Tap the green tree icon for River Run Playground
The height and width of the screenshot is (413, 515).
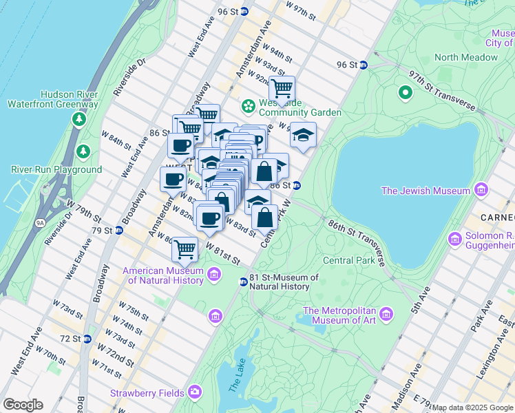pyautogui.click(x=83, y=151)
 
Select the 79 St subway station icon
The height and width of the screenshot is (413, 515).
pyautogui.click(x=118, y=230)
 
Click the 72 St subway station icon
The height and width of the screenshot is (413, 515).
pyautogui.click(x=87, y=339)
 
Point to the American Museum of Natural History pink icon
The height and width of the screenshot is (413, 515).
pyautogui.click(x=213, y=275)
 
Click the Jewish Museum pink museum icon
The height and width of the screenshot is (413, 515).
pyautogui.click(x=481, y=190)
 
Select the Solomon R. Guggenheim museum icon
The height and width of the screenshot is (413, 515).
pyautogui.click(x=454, y=240)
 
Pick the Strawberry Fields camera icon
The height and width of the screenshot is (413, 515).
pyautogui.click(x=195, y=393)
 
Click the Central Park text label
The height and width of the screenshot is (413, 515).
pyautogui.click(x=350, y=260)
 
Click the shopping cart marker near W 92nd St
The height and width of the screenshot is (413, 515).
pyautogui.click(x=282, y=89)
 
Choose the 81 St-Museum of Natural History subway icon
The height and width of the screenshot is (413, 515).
pyautogui.click(x=243, y=282)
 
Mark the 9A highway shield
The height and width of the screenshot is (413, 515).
pyautogui.click(x=41, y=222)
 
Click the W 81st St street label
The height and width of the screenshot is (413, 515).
pyautogui.click(x=222, y=256)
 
